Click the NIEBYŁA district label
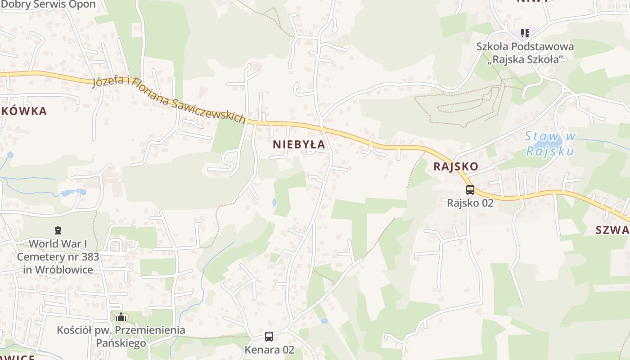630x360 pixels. [x=299, y=144]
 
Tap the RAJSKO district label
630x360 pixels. [x=456, y=166]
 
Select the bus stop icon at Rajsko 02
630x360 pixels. [x=470, y=190]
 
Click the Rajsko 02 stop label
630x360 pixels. [x=470, y=203]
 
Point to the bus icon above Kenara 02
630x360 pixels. [x=269, y=337]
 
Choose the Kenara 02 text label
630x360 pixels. [x=269, y=350]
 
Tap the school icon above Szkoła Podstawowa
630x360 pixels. [x=525, y=33]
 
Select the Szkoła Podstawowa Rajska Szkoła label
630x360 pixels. [x=525, y=53]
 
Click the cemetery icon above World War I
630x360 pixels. [x=58, y=231]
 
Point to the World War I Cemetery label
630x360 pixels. [x=58, y=256]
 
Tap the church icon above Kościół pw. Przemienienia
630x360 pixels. [x=121, y=317]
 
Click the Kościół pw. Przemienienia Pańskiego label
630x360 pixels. [x=121, y=336]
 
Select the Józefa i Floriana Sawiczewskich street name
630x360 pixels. [x=169, y=100]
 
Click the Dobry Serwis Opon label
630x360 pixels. [x=49, y=4]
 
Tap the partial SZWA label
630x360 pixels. [x=612, y=230]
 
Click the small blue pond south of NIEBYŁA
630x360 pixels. [x=274, y=202]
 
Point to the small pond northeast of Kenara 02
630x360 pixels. [x=324, y=321]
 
